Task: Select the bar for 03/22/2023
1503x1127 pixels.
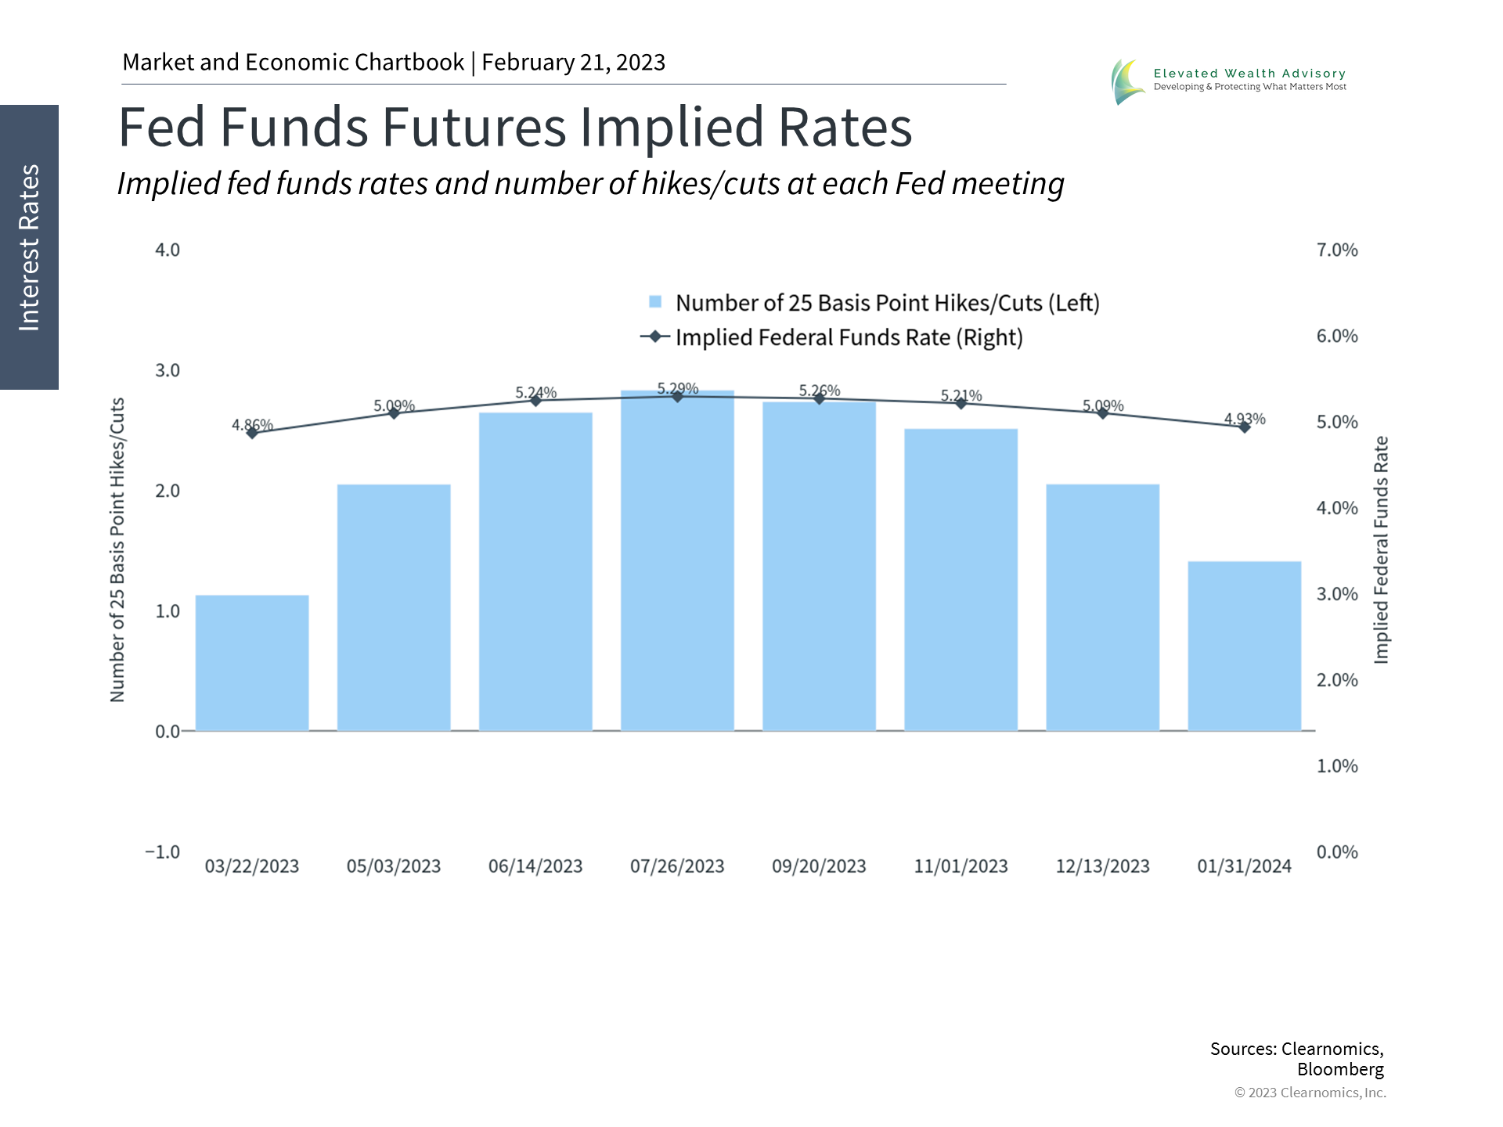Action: point(252,663)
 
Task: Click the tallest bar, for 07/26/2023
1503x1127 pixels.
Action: point(677,560)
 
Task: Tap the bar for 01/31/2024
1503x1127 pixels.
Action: point(1244,646)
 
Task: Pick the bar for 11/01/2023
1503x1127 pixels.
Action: point(961,579)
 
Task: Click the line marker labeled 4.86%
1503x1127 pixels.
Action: point(252,433)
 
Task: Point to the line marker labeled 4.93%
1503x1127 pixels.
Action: point(1244,427)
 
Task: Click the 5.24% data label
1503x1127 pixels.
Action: point(535,392)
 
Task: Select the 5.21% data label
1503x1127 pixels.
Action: point(961,395)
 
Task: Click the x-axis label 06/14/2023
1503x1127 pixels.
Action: point(535,866)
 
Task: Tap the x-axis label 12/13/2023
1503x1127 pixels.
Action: point(1102,866)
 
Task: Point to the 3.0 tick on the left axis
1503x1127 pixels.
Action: point(168,370)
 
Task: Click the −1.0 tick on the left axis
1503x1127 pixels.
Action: point(163,852)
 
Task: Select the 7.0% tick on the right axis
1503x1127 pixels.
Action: point(1336,250)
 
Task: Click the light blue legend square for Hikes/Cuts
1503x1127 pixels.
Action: point(656,302)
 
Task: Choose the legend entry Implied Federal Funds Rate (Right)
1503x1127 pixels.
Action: point(849,337)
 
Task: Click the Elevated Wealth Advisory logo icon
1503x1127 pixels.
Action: point(1127,81)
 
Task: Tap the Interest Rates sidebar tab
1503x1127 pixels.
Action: point(29,247)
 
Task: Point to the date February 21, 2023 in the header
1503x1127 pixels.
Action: point(573,63)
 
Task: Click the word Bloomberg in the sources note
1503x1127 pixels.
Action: point(1339,1069)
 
